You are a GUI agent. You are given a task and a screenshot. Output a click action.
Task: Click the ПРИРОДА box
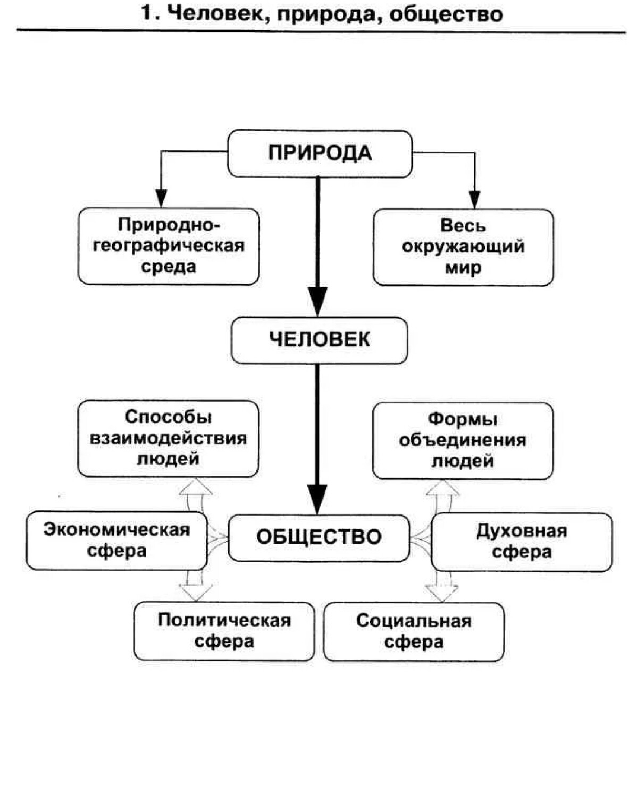(x=320, y=154)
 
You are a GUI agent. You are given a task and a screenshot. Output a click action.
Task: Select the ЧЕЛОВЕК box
(x=319, y=340)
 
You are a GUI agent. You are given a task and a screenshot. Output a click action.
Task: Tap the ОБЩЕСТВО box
(x=319, y=537)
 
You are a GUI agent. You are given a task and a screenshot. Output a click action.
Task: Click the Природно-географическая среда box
(x=169, y=246)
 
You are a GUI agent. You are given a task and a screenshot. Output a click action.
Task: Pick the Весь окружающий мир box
(x=463, y=247)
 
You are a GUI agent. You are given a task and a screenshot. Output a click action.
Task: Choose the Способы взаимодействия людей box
(x=168, y=438)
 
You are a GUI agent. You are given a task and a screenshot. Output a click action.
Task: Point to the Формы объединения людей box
(x=463, y=440)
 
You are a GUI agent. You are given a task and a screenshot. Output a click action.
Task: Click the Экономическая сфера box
(x=116, y=540)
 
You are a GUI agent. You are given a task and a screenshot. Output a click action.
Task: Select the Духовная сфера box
(x=522, y=541)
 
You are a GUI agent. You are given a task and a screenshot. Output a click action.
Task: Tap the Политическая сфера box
(x=224, y=631)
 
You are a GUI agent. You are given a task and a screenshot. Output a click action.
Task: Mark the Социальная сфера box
(x=413, y=631)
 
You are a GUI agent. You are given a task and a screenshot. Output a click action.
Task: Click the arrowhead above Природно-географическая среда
(x=161, y=198)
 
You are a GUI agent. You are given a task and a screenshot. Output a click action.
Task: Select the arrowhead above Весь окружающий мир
(x=474, y=199)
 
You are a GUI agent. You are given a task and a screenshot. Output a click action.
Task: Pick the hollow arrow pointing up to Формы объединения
(x=443, y=488)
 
